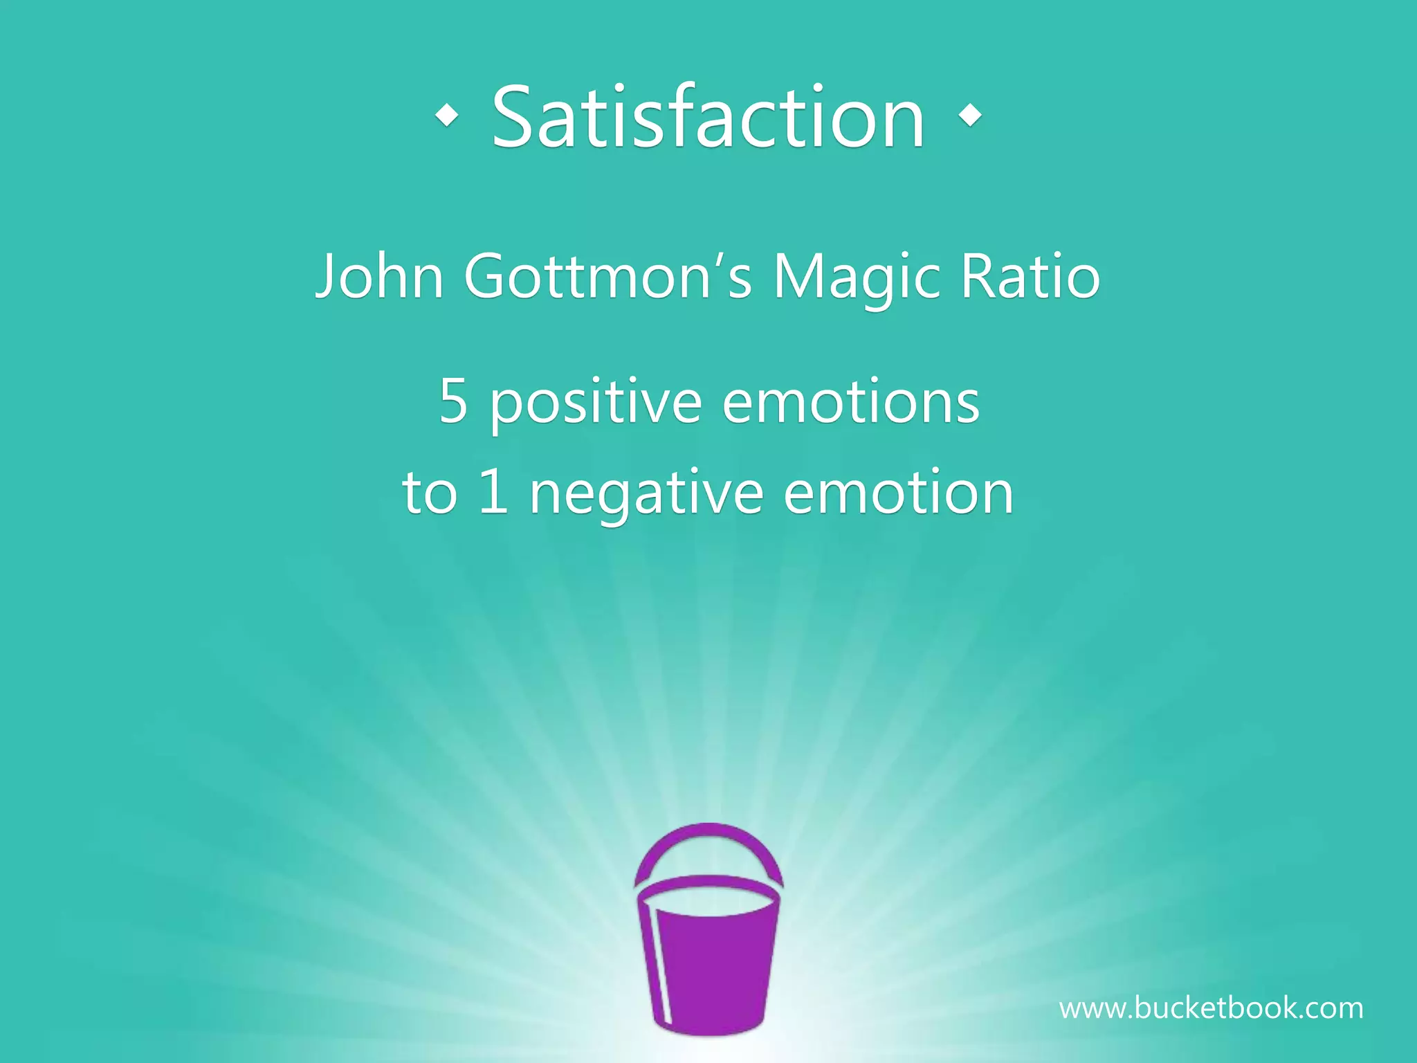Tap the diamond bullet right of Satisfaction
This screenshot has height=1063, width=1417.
click(x=971, y=116)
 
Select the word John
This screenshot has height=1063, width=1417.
click(x=379, y=276)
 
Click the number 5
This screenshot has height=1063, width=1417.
click(x=453, y=401)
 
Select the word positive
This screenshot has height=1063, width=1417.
click(x=596, y=404)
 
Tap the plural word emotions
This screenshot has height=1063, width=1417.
click(x=850, y=401)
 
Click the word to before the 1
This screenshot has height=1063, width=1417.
click(x=430, y=493)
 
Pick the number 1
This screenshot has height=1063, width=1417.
click(x=493, y=493)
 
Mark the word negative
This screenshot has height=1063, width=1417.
click(x=646, y=496)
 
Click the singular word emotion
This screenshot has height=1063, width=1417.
click(x=898, y=493)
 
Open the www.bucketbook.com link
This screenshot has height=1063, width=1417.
click(x=1211, y=1008)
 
